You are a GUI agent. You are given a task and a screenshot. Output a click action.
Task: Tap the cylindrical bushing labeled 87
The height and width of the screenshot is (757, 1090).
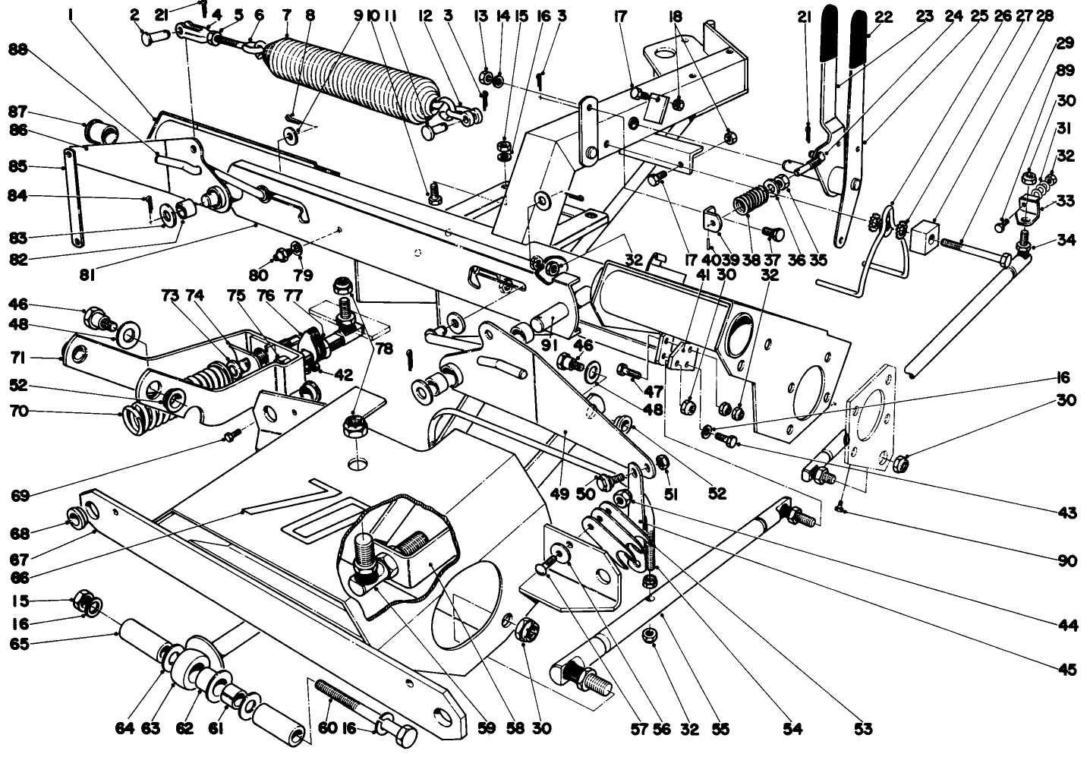click(x=101, y=132)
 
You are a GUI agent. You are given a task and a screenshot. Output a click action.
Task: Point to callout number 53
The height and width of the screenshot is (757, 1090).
click(x=862, y=730)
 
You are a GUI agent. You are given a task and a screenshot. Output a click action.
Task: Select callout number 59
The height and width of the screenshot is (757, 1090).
click(x=486, y=730)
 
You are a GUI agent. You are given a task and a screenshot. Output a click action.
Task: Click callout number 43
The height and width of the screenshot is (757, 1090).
click(x=1067, y=513)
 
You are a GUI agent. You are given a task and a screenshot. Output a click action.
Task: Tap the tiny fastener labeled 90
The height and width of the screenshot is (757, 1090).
click(x=842, y=509)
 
